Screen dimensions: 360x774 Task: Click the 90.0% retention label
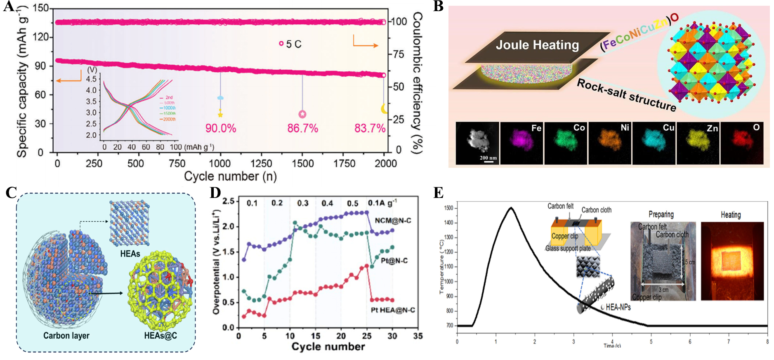coord(221,128)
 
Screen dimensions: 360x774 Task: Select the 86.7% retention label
coord(302,128)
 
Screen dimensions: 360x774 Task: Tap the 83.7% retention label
coord(370,128)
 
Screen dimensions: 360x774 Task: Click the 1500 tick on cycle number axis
coord(302,164)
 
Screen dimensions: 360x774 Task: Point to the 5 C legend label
coord(293,44)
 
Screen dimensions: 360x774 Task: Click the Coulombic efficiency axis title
coord(417,82)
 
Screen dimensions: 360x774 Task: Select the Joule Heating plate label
coord(537,45)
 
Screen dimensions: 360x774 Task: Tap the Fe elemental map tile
coord(522,143)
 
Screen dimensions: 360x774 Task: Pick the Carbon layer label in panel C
coord(66,336)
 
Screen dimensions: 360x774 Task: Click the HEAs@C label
coord(160,336)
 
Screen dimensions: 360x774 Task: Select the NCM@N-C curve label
coord(393,221)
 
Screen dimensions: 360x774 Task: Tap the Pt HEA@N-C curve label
coord(393,310)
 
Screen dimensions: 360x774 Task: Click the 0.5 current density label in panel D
coord(352,203)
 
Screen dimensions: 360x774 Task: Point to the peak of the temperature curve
coord(511,208)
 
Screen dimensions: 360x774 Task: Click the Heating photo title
coord(730,215)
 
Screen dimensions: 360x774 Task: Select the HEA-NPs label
coord(618,307)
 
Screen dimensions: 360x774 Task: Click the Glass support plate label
coord(568,248)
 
